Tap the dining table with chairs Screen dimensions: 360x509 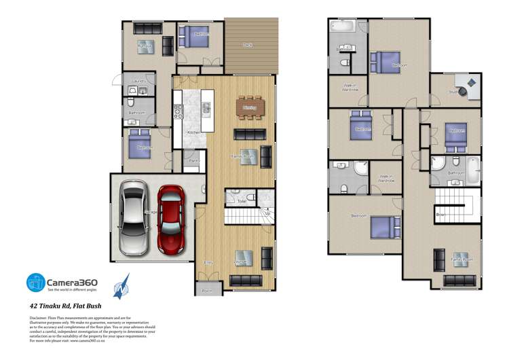pyautogui.click(x=249, y=107)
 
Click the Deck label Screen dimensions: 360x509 pyautogui.click(x=248, y=46)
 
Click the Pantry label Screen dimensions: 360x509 pyautogui.click(x=193, y=160)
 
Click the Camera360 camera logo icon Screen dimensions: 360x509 pyautogui.click(x=36, y=283)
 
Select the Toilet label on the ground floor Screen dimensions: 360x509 pyautogui.click(x=242, y=201)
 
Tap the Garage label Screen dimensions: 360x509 pyautogui.click(x=151, y=212)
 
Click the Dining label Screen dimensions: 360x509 pyautogui.click(x=249, y=107)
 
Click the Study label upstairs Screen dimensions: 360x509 pyautogui.click(x=452, y=92)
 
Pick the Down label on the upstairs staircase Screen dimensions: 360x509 pyautogui.click(x=440, y=215)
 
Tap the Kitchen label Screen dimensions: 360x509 pyautogui.click(x=192, y=132)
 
